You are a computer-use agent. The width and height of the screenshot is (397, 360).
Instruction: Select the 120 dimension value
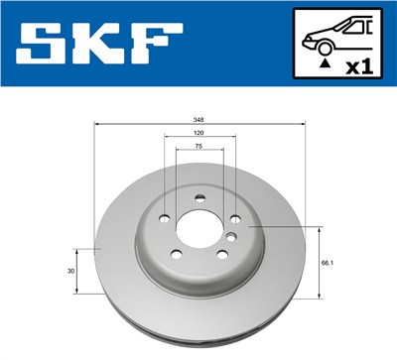[x=199, y=132]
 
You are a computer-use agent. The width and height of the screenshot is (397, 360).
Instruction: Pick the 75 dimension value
[x=199, y=146]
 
